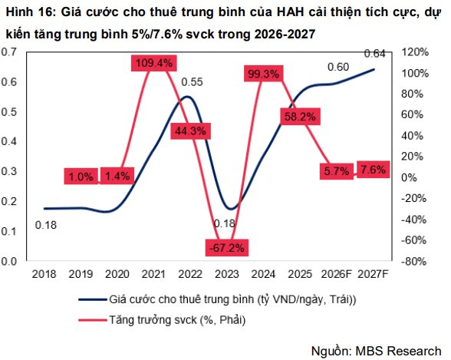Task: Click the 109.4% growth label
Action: pyautogui.click(x=154, y=63)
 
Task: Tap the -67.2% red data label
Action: pyautogui.click(x=227, y=247)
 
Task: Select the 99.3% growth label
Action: pyautogui.click(x=264, y=74)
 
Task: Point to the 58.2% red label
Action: pyautogui.click(x=301, y=117)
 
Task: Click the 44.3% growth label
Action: pyautogui.click(x=190, y=131)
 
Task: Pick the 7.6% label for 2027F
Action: pyautogui.click(x=373, y=169)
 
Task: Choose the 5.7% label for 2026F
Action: pyautogui.click(x=337, y=171)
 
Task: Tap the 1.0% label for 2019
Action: pyautogui.click(x=81, y=176)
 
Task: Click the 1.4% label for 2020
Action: pyautogui.click(x=117, y=176)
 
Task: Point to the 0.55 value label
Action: pyautogui.click(x=192, y=82)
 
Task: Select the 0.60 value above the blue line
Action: pyautogui.click(x=338, y=67)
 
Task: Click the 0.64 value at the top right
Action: pyautogui.click(x=374, y=54)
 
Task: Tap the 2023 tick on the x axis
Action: pyautogui.click(x=227, y=274)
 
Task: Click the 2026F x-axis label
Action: pyautogui.click(x=337, y=274)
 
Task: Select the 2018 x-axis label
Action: pyautogui.click(x=44, y=274)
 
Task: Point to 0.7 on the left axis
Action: pyautogui.click(x=9, y=52)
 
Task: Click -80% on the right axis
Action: pyautogui.click(x=414, y=261)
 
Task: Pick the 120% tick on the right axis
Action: pyautogui.click(x=415, y=52)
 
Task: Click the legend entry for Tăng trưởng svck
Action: pyautogui.click(x=162, y=320)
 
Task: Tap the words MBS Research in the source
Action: pyautogui.click(x=398, y=351)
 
